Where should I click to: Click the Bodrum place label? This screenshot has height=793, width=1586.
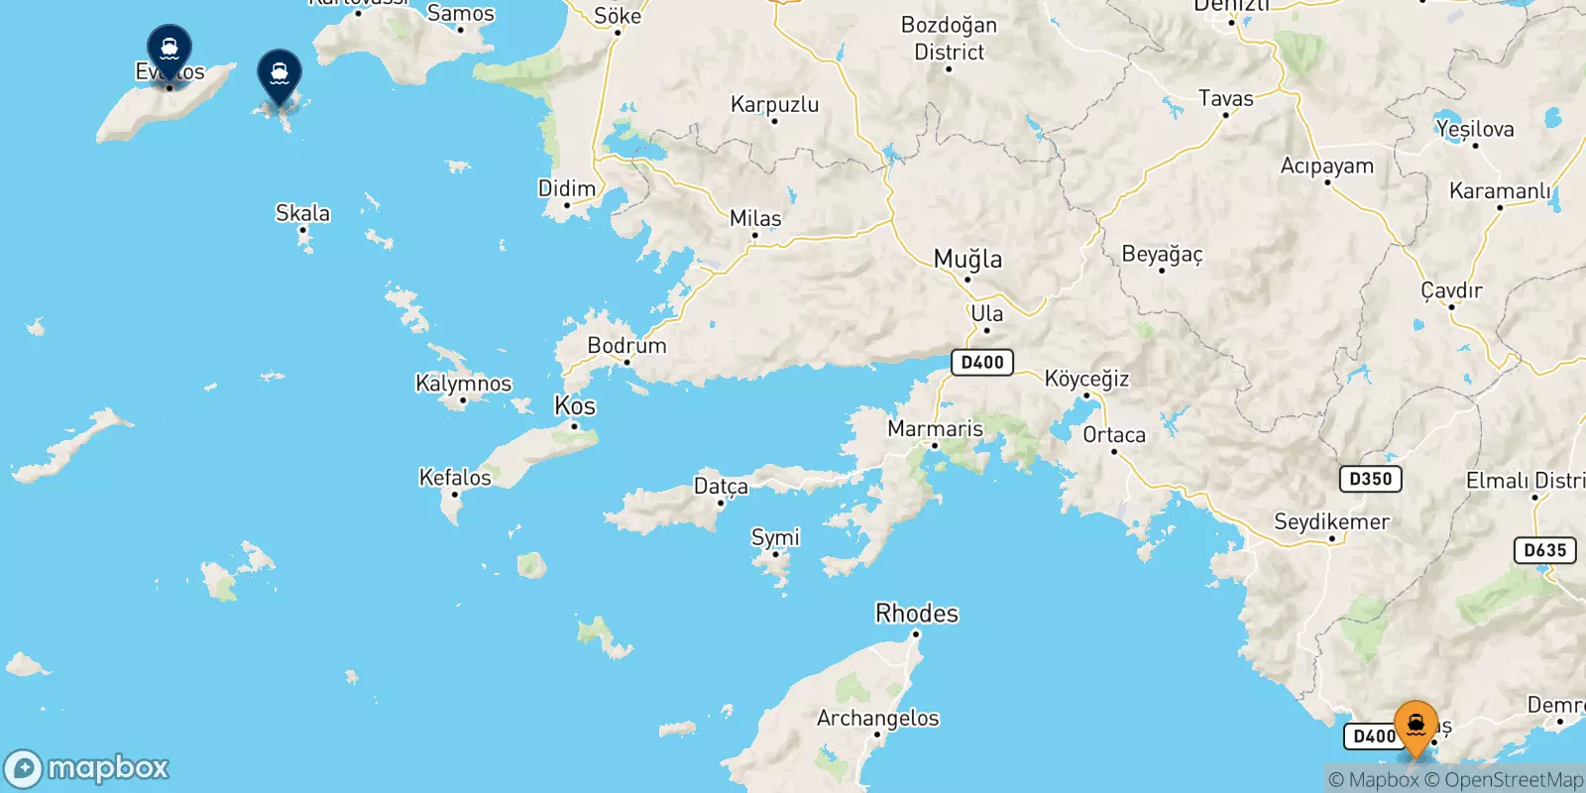[x=626, y=346]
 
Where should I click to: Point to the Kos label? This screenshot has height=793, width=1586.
[x=575, y=406]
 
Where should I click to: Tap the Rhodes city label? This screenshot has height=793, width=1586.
[x=917, y=614]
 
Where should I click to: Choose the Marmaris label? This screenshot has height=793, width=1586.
[x=935, y=429]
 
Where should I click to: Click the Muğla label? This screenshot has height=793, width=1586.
[x=967, y=260]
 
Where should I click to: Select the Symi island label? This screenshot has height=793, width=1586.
[x=775, y=537]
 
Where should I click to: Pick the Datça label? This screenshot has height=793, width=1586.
[x=721, y=486]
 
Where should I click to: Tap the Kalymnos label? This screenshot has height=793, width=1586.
[x=463, y=384]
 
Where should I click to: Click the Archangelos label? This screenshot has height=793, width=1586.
[x=877, y=718]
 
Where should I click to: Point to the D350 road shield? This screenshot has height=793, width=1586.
[x=1371, y=479]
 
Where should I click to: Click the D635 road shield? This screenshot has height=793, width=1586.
[x=1544, y=550]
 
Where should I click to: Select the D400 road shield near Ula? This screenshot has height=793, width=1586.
[x=982, y=362]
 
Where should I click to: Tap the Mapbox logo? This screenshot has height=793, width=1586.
[x=87, y=768]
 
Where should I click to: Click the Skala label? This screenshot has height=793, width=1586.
[x=302, y=213]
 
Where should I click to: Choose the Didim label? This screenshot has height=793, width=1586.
[x=567, y=188]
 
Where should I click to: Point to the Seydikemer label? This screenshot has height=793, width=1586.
[x=1331, y=521]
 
